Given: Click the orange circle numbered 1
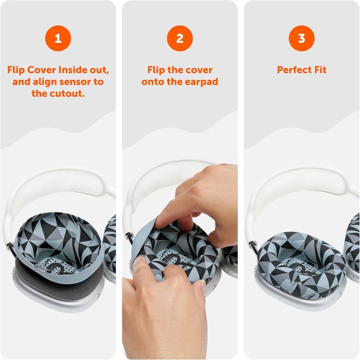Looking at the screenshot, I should point(58,38).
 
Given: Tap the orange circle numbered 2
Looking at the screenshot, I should point(180,38).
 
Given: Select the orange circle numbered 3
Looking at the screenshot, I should point(301,38).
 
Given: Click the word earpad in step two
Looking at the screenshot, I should point(202,82).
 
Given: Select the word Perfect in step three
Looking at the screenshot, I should point(293,70).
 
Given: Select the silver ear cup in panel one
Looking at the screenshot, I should point(58,301).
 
